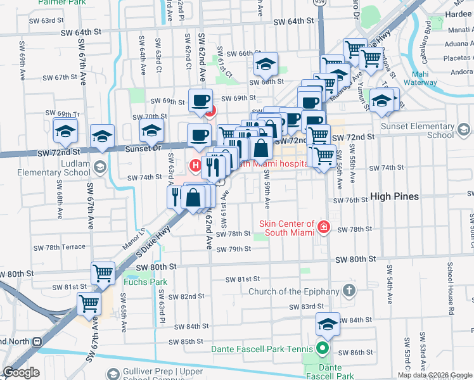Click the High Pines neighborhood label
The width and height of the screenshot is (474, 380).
[394, 196]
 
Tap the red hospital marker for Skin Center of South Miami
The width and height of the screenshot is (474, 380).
[324, 227]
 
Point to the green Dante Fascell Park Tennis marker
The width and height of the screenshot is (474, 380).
[323, 348]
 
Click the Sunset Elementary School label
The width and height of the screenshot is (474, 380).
[423, 130]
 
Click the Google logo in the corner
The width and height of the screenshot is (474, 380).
[21, 372]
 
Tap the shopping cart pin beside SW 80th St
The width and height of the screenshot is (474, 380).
[103, 273]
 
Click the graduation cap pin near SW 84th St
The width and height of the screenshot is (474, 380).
[328, 324]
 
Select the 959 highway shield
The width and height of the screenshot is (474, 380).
[320, 3]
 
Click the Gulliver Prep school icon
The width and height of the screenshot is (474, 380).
[113, 374]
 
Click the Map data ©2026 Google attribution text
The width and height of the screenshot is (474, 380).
[434, 375]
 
